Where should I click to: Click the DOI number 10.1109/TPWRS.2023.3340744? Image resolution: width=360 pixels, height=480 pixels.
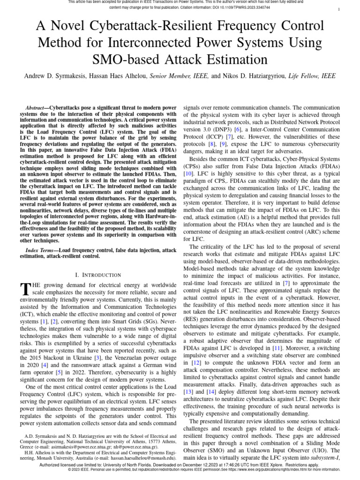[248, 8]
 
